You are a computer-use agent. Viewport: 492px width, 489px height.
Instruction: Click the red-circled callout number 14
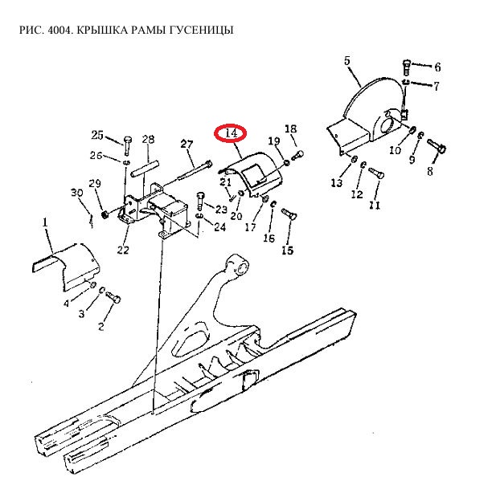coord(232,133)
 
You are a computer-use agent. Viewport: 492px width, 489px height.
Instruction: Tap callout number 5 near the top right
coord(346,60)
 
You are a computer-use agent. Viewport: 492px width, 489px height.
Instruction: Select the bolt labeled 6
coord(406,67)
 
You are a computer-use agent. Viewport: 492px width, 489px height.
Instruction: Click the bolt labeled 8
coord(437,146)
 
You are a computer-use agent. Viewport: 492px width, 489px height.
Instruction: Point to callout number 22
coord(123,250)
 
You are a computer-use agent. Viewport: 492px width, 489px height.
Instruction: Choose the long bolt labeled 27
coord(195,171)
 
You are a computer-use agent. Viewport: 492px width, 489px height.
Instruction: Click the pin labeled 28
coord(145,169)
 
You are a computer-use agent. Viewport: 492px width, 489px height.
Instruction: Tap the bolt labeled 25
coord(127,145)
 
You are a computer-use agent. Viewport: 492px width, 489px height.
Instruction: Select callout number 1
coord(45,222)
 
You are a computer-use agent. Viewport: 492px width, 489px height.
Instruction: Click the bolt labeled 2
coord(113,297)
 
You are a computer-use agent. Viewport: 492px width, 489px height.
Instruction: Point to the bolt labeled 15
coord(289,214)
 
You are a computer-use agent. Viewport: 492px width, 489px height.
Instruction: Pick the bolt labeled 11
coord(376,173)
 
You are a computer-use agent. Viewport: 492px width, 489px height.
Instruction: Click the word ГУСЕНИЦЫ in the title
coord(202,30)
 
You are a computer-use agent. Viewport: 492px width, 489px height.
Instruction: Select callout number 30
coord(77,193)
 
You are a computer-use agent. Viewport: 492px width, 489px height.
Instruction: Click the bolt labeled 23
coord(200,202)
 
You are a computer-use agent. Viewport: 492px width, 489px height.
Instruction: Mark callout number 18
coord(290,128)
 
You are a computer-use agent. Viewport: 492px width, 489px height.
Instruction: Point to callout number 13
coord(337,182)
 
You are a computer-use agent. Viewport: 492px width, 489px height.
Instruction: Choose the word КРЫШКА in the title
coord(101,30)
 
